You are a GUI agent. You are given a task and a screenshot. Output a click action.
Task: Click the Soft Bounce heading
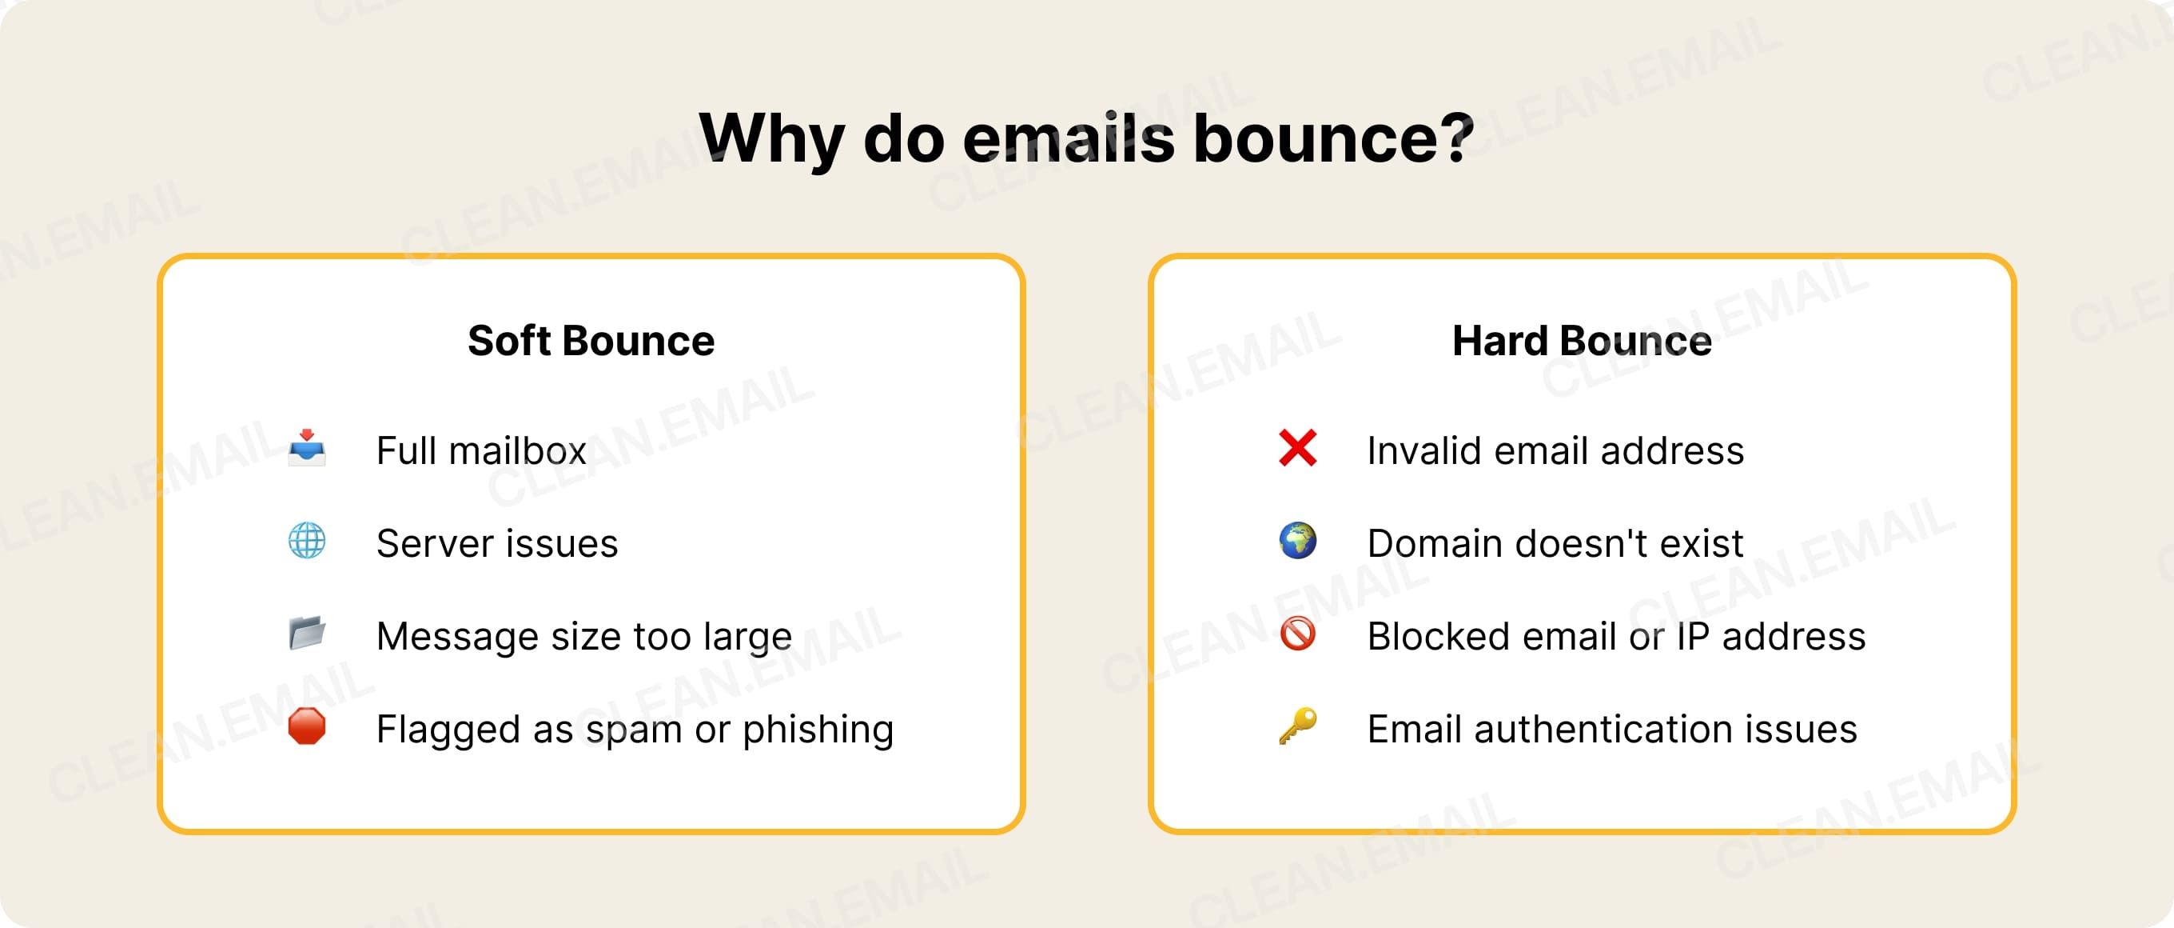click(x=591, y=341)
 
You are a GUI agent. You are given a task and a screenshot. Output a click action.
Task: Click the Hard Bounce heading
click(x=1582, y=341)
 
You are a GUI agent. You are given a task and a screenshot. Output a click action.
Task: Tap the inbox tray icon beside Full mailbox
click(x=306, y=447)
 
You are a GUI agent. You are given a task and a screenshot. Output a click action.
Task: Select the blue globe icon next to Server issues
click(x=306, y=541)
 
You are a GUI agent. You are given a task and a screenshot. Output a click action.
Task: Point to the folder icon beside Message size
click(x=306, y=634)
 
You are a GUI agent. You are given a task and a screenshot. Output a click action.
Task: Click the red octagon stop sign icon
click(x=306, y=726)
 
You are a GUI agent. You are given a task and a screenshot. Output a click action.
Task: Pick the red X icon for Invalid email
click(x=1297, y=447)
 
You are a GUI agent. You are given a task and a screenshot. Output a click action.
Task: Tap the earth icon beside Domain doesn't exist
click(x=1297, y=541)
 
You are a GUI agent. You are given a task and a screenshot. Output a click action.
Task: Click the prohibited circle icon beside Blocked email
click(x=1297, y=634)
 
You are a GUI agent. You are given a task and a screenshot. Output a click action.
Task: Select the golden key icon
click(x=1297, y=726)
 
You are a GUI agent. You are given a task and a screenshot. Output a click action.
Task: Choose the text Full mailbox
click(x=481, y=451)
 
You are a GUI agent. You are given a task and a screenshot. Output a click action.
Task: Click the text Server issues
click(x=497, y=544)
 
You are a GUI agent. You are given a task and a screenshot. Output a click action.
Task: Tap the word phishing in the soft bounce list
click(x=818, y=730)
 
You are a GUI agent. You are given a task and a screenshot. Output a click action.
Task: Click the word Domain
click(x=1435, y=544)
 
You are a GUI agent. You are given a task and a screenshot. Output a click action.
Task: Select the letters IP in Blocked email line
click(x=1692, y=637)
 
